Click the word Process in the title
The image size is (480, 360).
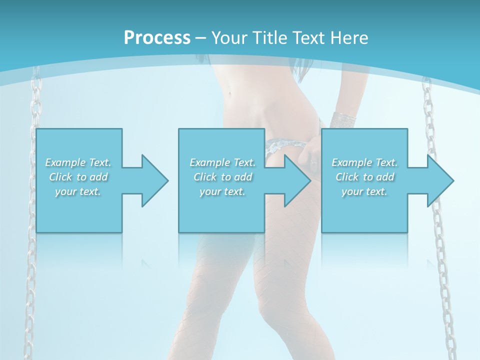click(x=157, y=37)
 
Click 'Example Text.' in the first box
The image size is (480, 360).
click(x=78, y=162)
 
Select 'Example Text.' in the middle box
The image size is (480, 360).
click(x=222, y=162)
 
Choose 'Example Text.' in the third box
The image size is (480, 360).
click(x=364, y=162)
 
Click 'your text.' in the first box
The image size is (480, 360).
click(x=78, y=191)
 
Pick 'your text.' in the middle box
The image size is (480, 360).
click(x=222, y=191)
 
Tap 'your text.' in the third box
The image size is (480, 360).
click(x=364, y=191)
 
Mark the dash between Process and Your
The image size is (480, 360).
click(x=200, y=38)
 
